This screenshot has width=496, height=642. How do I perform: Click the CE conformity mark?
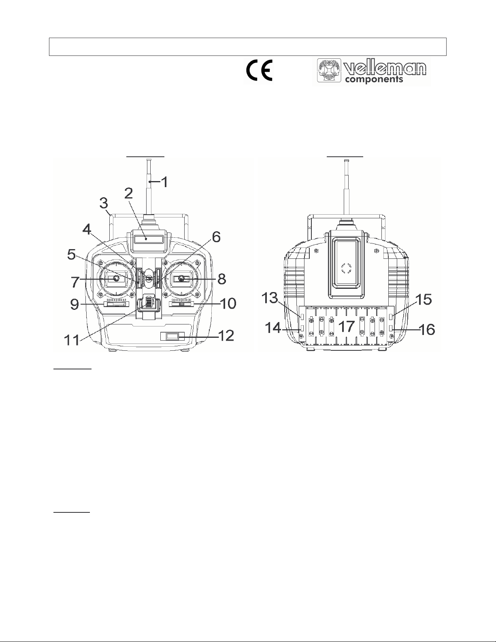click(x=260, y=70)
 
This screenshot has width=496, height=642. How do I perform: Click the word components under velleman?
click(x=374, y=79)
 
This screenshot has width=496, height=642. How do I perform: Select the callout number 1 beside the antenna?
click(x=164, y=182)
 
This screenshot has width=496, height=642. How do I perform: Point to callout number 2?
click(x=129, y=194)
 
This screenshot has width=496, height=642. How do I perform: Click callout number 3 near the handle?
click(x=104, y=203)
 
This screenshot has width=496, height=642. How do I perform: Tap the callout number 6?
click(x=216, y=237)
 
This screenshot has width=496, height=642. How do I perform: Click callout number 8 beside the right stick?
click(x=222, y=279)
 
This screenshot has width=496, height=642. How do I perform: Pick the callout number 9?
click(x=75, y=304)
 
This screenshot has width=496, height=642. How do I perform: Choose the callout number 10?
click(x=228, y=303)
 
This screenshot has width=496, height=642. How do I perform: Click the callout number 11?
click(x=72, y=340)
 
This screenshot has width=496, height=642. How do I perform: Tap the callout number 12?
click(x=226, y=335)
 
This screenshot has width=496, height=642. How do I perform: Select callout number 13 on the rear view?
click(x=270, y=298)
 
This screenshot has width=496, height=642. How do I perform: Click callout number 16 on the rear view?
click(x=427, y=329)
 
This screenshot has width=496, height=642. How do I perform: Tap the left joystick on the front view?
click(x=116, y=279)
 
